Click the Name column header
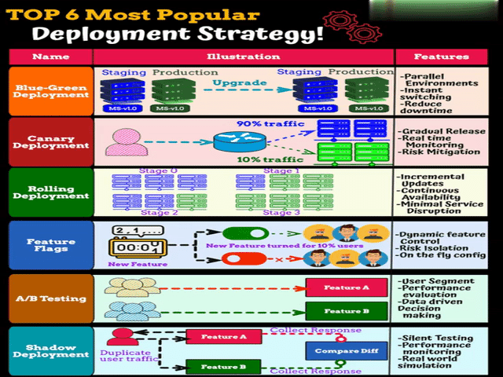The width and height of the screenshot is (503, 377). (50, 57)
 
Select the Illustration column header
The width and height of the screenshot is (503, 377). (243, 57)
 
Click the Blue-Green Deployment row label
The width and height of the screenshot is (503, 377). (50, 90)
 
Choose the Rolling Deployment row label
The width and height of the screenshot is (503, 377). (50, 191)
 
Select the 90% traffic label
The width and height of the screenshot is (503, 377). (266, 123)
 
